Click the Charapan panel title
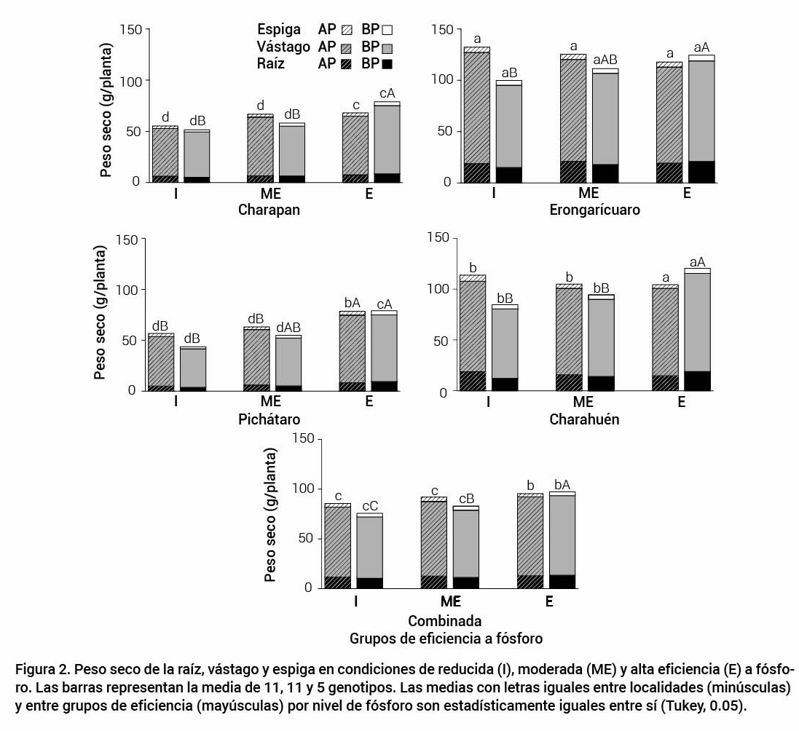pos(269,210)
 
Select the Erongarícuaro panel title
pos(595,210)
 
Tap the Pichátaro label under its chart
pos(269,419)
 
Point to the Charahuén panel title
pos(584,419)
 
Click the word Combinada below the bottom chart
pos(444,622)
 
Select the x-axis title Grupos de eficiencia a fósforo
pos(446,639)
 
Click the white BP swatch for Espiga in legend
pos(387,30)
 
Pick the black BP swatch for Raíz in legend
pos(387,64)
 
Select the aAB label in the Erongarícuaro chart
pos(605,60)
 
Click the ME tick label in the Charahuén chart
pos(583,402)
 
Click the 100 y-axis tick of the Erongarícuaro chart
pos(442,80)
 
